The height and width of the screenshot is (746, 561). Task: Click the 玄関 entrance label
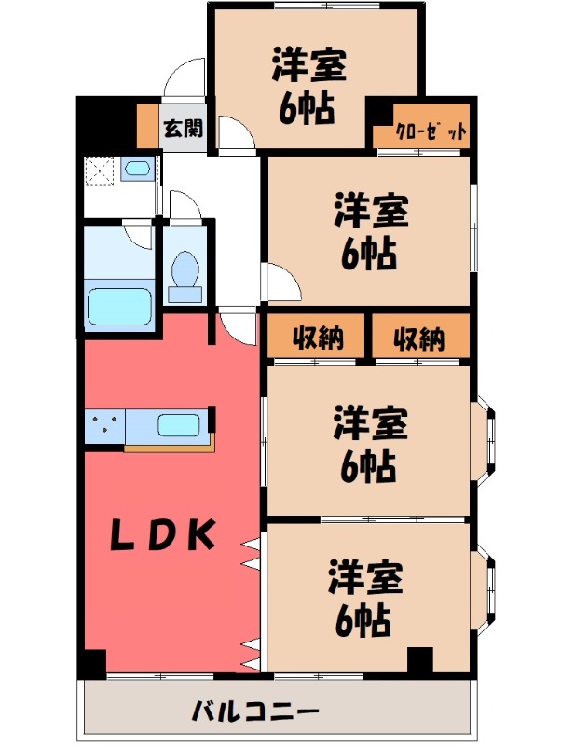(x=183, y=129)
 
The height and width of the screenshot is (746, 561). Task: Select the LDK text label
(x=165, y=534)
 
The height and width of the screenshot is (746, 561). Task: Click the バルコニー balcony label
(x=256, y=711)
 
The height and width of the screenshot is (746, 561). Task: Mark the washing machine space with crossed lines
(x=100, y=170)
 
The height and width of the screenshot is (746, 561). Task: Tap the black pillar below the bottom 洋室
(x=420, y=660)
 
